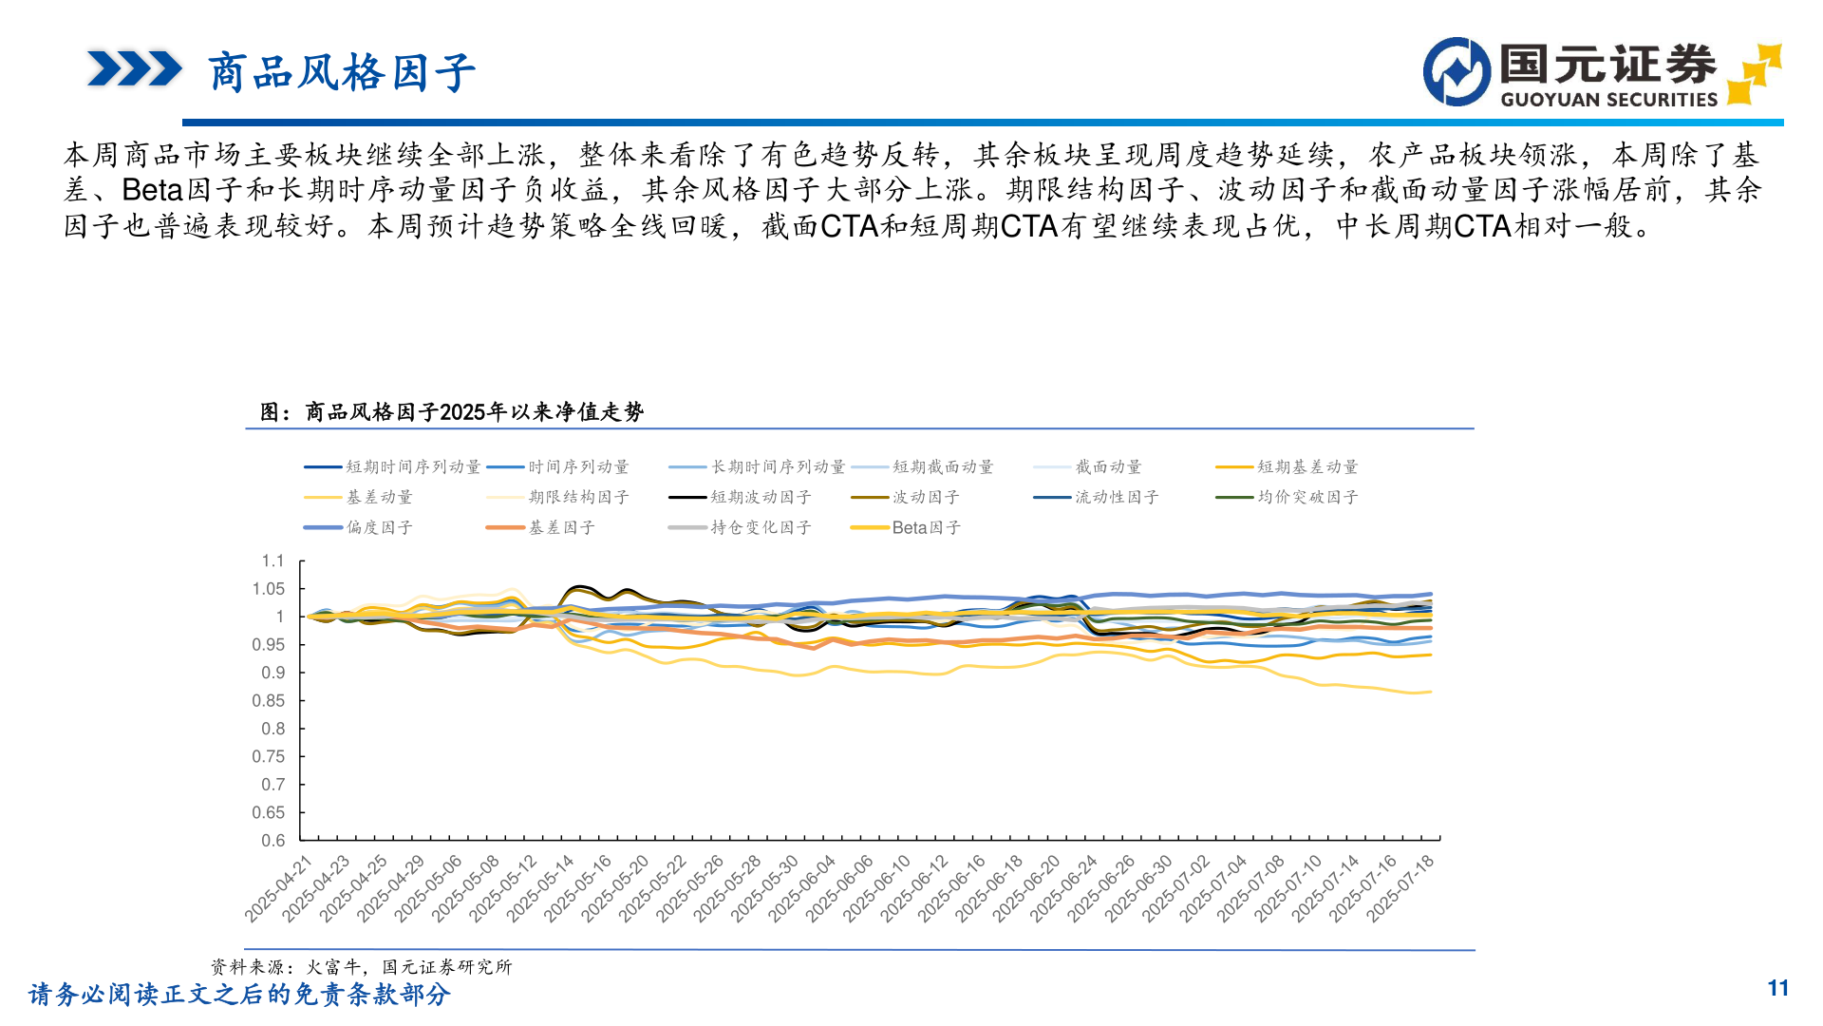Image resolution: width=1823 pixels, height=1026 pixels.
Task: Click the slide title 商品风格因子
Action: coord(341,73)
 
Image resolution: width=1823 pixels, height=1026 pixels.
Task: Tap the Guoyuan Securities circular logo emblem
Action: coord(1457,71)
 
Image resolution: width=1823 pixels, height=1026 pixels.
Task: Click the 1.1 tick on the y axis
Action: coord(273,561)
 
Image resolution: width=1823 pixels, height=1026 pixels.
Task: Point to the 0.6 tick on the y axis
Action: coord(273,841)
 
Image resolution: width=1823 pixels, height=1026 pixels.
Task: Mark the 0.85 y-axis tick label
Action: coord(269,701)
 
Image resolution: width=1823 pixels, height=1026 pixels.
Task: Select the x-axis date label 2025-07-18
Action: coord(1401,889)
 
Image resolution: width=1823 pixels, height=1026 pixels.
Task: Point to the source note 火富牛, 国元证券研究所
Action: coord(408,967)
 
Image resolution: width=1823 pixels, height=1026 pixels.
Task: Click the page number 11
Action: coord(1777,989)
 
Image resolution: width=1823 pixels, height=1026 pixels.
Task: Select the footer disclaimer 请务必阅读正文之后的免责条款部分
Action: coord(239,995)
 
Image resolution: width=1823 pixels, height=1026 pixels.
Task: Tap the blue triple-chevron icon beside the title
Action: coord(134,69)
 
